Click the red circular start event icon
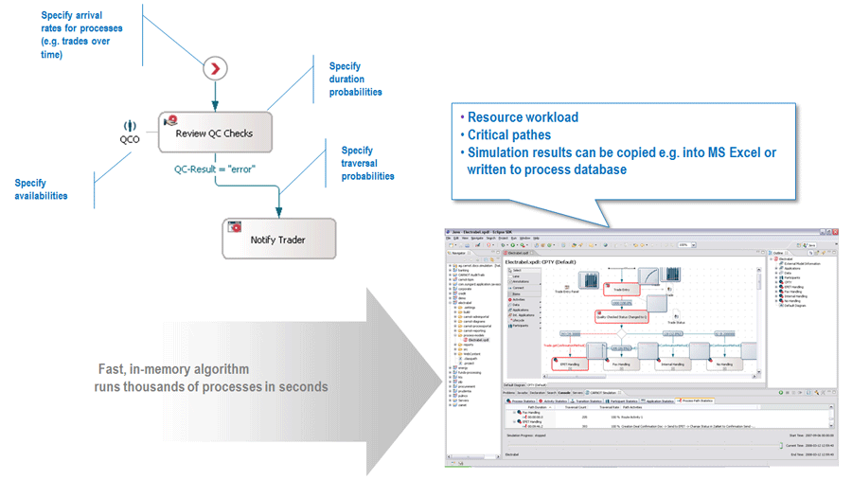(x=216, y=68)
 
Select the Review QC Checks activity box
(x=215, y=133)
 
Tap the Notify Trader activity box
(x=277, y=239)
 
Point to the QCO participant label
(x=130, y=138)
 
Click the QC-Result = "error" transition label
(x=215, y=169)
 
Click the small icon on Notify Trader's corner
(x=233, y=227)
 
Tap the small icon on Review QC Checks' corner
(x=170, y=120)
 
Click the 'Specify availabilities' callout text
(x=41, y=189)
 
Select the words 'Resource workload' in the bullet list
(x=523, y=117)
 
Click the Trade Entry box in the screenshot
(x=621, y=289)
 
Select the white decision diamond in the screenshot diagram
(x=621, y=333)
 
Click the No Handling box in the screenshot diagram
(x=726, y=364)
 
